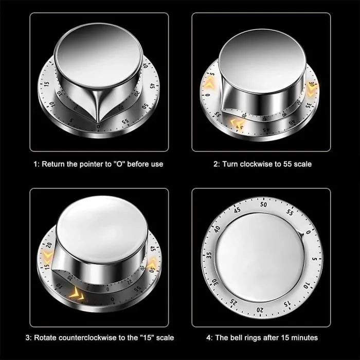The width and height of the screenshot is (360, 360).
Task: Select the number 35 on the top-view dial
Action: [208, 255]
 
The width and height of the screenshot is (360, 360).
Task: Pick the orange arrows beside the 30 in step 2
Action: [312, 86]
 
